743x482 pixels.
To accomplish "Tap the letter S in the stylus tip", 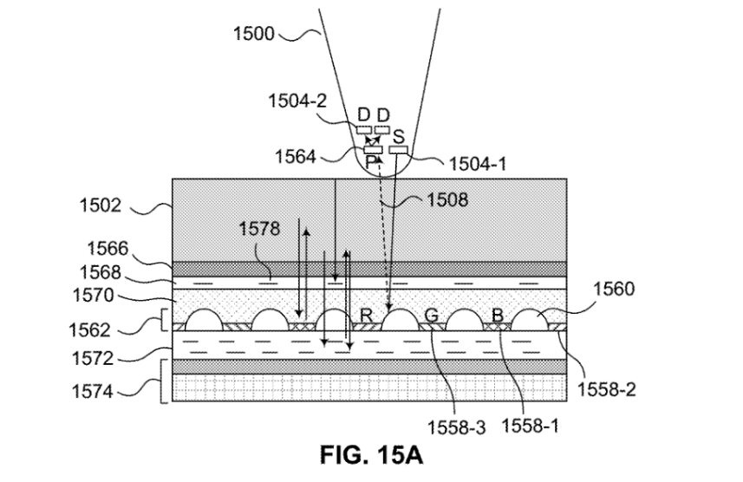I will tap(398, 137).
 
